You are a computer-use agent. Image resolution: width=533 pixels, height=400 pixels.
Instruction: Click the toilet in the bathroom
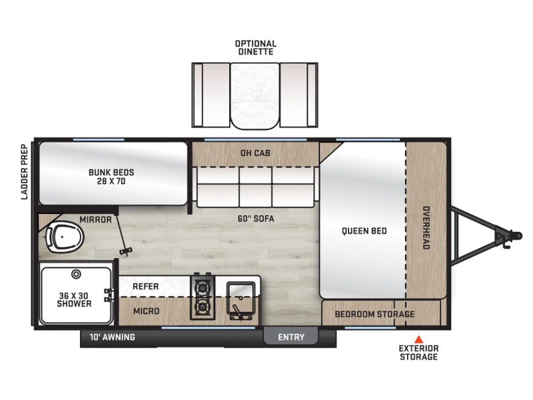pyautogui.click(x=65, y=237)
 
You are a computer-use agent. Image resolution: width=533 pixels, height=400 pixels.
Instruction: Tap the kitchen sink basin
pyautogui.click(x=241, y=296)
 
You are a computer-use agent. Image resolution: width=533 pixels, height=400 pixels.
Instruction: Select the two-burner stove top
pyautogui.click(x=203, y=297)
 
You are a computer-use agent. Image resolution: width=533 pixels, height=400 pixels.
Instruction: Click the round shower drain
pyautogui.click(x=76, y=274)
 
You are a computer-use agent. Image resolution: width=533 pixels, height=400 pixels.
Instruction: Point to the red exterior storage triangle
pyautogui.click(x=418, y=339)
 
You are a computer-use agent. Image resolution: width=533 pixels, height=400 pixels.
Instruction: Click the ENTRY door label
pyautogui.click(x=291, y=337)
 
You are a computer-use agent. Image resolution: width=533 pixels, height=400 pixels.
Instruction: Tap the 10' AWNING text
pyautogui.click(x=112, y=337)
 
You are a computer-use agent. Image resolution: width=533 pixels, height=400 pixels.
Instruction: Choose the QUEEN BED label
pyautogui.click(x=364, y=231)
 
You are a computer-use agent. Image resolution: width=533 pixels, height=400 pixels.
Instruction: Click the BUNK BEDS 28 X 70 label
pyautogui.click(x=111, y=177)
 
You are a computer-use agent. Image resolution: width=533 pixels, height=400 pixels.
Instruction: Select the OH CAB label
pyautogui.click(x=255, y=153)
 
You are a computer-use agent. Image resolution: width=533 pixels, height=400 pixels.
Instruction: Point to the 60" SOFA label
pyautogui.click(x=256, y=219)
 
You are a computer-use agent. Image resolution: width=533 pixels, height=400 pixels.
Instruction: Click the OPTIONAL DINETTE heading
pyautogui.click(x=256, y=48)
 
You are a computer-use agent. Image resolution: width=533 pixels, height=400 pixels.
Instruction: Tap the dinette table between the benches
pyautogui.click(x=255, y=96)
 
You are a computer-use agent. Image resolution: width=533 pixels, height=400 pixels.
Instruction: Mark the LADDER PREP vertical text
pyautogui.click(x=24, y=172)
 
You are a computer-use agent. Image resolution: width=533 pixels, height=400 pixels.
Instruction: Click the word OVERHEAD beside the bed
pyautogui.click(x=426, y=227)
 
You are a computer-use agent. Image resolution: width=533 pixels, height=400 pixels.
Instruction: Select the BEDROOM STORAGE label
pyautogui.click(x=374, y=314)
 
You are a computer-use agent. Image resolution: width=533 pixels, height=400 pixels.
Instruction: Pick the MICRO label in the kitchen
pyautogui.click(x=147, y=311)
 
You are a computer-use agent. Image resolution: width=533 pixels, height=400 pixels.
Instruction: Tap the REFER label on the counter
pyautogui.click(x=145, y=287)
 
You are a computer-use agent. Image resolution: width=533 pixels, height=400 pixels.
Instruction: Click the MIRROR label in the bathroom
pyautogui.click(x=95, y=220)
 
